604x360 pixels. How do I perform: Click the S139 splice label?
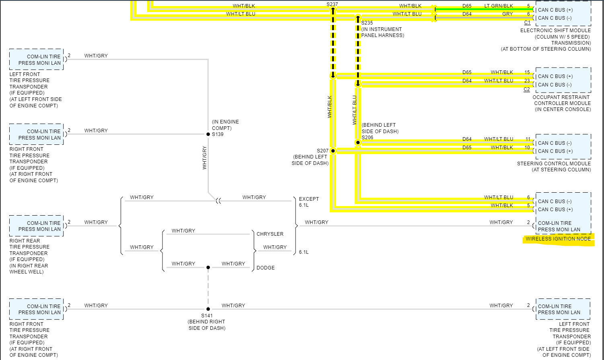pyautogui.click(x=218, y=134)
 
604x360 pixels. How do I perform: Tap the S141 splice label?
pyautogui.click(x=207, y=316)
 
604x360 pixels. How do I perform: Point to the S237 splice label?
pyautogui.click(x=332, y=4)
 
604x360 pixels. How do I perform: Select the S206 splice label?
pyautogui.click(x=368, y=138)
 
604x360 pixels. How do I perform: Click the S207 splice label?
pyautogui.click(x=323, y=151)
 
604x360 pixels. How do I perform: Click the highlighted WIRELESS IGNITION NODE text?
pyautogui.click(x=558, y=239)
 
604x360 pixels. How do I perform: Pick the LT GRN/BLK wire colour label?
pyautogui.click(x=499, y=6)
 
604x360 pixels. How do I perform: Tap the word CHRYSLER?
pyautogui.click(x=270, y=234)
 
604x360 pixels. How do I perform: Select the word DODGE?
pyautogui.click(x=265, y=268)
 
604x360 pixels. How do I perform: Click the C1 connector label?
pyautogui.click(x=527, y=23)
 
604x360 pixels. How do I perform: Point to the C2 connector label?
pyautogui.click(x=526, y=89)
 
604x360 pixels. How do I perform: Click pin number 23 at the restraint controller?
pyautogui.click(x=527, y=81)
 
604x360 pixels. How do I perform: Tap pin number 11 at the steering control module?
pyautogui.click(x=528, y=139)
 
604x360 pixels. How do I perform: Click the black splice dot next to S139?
pyautogui.click(x=208, y=134)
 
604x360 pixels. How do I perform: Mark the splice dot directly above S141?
pyautogui.click(x=208, y=309)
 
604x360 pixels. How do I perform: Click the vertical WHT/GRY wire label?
pyautogui.click(x=205, y=158)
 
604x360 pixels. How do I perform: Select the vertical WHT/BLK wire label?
pyautogui.click(x=330, y=107)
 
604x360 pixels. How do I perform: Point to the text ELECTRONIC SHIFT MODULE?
pyautogui.click(x=555, y=31)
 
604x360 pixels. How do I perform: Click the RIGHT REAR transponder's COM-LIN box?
pyautogui.click(x=37, y=226)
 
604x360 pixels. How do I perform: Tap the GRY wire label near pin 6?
pyautogui.click(x=507, y=14)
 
